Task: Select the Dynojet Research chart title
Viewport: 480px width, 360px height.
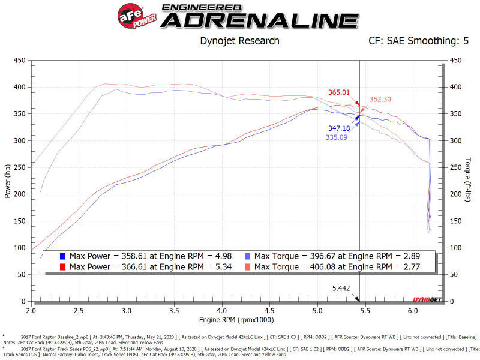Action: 239,41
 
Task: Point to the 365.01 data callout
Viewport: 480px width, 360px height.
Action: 339,92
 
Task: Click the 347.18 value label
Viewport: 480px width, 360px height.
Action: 339,128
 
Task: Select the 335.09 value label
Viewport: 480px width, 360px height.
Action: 337,137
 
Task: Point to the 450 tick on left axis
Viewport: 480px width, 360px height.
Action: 19,60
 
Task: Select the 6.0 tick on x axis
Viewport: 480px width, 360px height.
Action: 412,312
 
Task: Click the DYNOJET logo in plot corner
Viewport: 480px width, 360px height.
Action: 425,299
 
